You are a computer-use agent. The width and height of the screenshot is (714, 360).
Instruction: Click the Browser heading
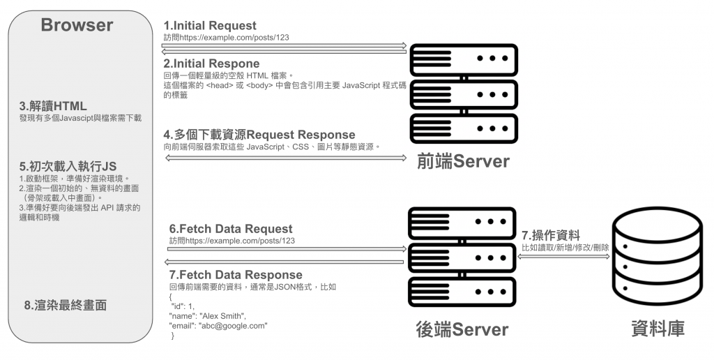(x=77, y=26)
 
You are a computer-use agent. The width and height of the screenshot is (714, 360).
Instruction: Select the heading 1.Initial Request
(x=210, y=26)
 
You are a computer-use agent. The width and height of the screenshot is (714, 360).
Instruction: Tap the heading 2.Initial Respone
(x=211, y=63)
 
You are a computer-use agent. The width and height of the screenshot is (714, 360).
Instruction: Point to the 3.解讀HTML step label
(x=54, y=106)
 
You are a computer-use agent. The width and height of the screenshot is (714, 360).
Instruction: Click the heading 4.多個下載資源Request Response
(x=259, y=135)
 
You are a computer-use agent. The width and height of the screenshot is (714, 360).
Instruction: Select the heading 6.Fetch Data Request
(x=231, y=229)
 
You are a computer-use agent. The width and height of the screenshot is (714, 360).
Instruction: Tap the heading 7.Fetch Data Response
(x=236, y=275)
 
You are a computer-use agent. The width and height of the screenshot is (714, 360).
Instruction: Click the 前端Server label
(x=462, y=161)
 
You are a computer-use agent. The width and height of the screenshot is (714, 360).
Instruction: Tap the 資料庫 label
(x=657, y=329)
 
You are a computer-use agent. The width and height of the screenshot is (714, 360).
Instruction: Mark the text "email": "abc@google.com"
(x=218, y=326)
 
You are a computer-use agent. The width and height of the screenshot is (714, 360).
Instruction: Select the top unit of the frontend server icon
(x=463, y=57)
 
